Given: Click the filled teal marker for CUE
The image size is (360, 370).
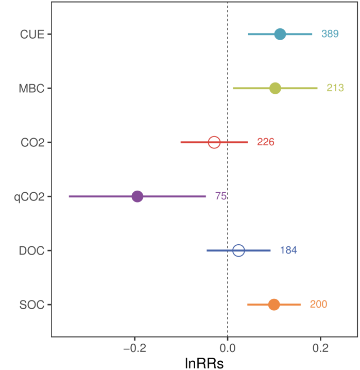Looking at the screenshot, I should point(280,34).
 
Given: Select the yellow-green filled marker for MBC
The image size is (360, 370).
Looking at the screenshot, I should point(275,88).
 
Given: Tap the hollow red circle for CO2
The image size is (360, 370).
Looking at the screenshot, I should point(214,142).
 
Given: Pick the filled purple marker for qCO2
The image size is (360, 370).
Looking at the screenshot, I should point(137,196).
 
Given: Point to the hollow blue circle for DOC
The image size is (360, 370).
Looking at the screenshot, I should point(238,250).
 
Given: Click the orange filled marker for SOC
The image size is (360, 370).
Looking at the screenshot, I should point(274,305).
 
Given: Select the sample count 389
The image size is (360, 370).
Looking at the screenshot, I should point(330,34).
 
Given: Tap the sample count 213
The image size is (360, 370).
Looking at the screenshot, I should point(335,88).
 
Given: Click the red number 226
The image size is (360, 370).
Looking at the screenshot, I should point(266,142).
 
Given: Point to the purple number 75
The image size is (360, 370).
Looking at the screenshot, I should point(221,196).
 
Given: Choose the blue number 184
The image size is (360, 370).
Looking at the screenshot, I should point(288,250).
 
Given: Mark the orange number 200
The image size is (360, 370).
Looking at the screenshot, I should point(318,305).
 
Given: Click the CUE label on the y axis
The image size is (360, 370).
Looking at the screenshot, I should point(31,34).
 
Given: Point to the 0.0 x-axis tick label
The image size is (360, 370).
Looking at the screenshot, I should point(228,348).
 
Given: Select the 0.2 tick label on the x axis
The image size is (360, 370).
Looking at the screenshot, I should point(320,348).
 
